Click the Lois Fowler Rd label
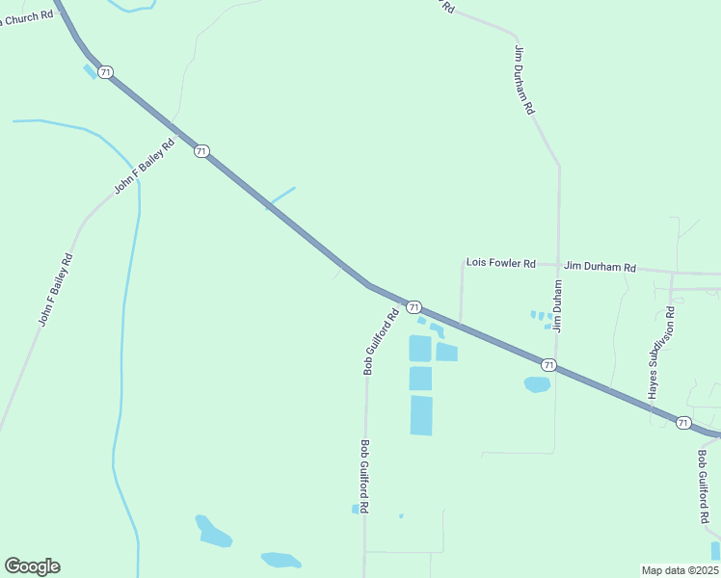tap(500, 262)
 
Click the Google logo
tap(32, 566)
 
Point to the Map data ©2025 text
tap(680, 570)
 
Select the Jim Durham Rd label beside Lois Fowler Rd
tap(601, 267)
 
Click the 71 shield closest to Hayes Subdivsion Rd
tap(682, 422)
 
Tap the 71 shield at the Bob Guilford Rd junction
tap(414, 306)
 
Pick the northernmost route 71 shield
tap(106, 72)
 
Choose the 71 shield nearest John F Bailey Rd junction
tap(200, 151)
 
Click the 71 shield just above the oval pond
tap(547, 364)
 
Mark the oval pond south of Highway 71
tap(537, 384)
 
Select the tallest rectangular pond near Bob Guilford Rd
tap(421, 415)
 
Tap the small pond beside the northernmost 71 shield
tap(90, 70)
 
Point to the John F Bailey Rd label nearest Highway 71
tap(144, 167)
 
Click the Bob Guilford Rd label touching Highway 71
tap(381, 341)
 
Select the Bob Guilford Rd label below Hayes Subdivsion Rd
tap(703, 486)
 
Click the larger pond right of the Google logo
tap(213, 531)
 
